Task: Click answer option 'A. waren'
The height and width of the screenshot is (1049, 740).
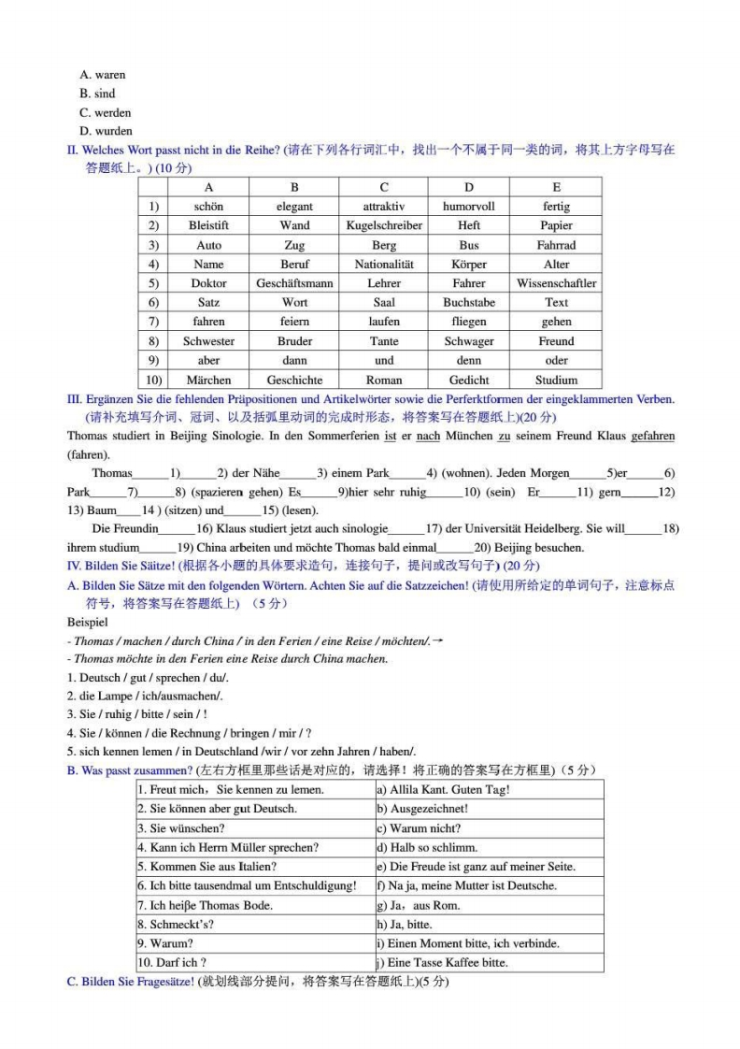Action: (x=103, y=75)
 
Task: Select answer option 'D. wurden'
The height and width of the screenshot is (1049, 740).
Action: (x=107, y=131)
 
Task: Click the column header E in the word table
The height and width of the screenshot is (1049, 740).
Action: (x=556, y=187)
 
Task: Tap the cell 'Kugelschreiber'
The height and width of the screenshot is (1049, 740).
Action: (x=384, y=225)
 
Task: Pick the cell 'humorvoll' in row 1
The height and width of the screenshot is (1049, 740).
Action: (x=469, y=207)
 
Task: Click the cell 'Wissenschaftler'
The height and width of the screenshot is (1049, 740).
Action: (x=556, y=283)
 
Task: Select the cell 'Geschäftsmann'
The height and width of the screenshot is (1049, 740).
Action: (x=294, y=283)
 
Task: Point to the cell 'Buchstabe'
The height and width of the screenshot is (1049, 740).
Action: (x=469, y=303)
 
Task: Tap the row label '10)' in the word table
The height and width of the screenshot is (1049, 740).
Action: (x=151, y=381)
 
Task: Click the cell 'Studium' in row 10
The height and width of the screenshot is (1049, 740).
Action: (x=556, y=381)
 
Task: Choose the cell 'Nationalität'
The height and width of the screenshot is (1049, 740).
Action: (x=384, y=265)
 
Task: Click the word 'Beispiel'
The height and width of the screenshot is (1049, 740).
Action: (x=88, y=622)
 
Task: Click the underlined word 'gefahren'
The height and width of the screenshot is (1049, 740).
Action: (x=653, y=437)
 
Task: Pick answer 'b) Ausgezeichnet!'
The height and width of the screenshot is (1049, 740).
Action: (x=422, y=809)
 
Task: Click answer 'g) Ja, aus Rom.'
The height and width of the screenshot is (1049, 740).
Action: (x=418, y=905)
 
